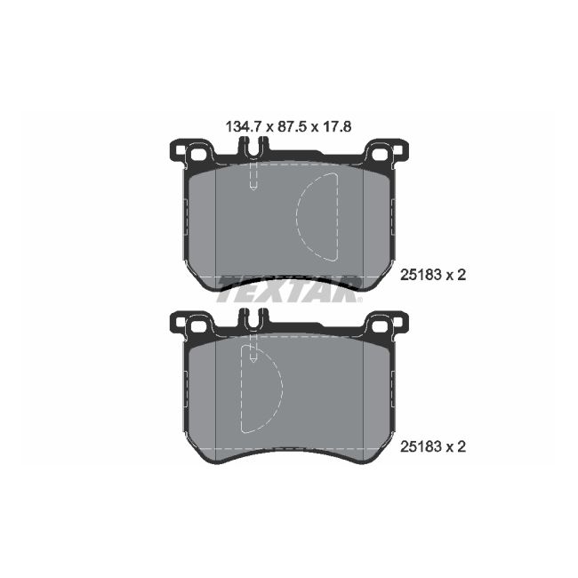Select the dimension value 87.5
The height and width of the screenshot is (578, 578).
pos(288,127)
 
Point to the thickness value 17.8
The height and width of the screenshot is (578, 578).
pos(338,127)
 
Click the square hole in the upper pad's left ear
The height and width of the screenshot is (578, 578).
pos(198,155)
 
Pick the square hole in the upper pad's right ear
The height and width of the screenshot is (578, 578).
pos(382,155)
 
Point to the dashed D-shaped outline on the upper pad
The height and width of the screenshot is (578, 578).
pos(318,217)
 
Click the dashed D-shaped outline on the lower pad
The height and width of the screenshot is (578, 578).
pos(262,388)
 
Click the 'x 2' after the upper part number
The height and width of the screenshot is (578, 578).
pos(455,276)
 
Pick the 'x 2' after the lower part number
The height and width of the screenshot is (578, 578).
pos(455,446)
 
